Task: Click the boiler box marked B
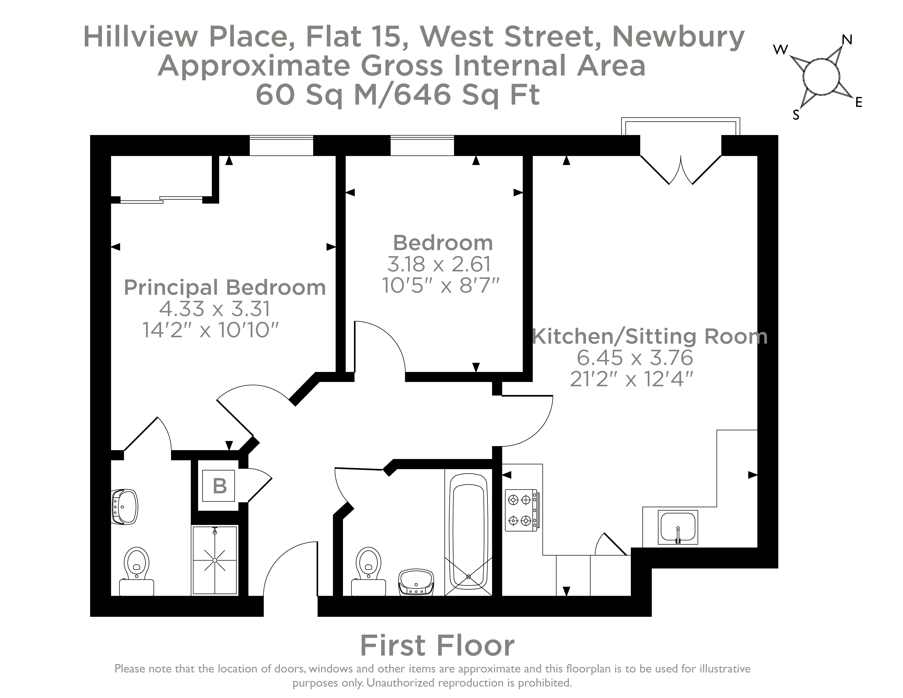(x=219, y=486)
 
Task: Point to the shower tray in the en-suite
(x=215, y=560)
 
